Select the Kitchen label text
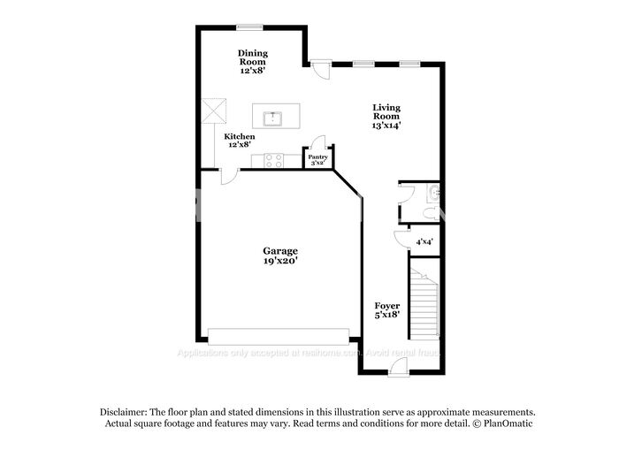click(240, 136)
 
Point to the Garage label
click(279, 250)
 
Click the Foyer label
click(387, 305)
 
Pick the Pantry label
click(317, 156)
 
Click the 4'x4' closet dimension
click(424, 241)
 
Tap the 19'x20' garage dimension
click(279, 261)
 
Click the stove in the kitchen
click(273, 160)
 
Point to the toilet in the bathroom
click(429, 213)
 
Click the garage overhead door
click(279, 337)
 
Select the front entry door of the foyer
click(398, 369)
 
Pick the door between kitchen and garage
click(228, 173)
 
